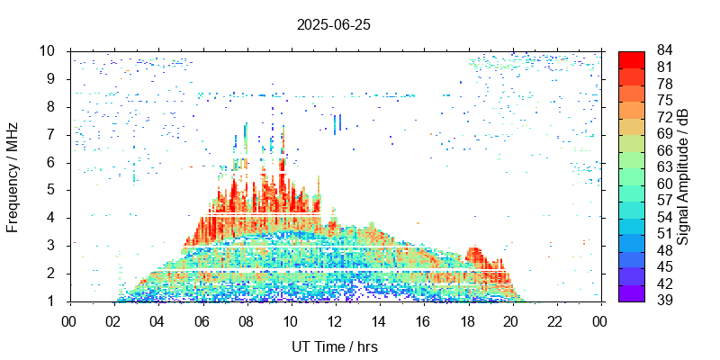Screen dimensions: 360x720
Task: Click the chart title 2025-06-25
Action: tap(334, 24)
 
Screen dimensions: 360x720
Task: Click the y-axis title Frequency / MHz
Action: tap(13, 175)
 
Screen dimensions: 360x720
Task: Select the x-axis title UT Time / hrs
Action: tap(334, 346)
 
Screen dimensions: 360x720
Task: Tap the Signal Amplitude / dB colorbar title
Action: tap(683, 175)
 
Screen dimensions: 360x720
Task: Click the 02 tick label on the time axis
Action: tap(113, 320)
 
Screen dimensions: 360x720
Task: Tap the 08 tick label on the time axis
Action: tap(246, 320)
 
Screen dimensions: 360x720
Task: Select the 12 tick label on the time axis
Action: tap(334, 320)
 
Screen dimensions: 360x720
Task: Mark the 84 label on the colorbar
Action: tap(665, 51)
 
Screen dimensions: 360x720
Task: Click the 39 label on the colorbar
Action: tap(665, 301)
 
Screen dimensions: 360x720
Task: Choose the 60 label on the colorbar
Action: tap(665, 184)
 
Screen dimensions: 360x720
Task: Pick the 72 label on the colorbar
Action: tap(665, 118)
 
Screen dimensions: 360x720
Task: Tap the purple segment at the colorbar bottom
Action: tap(631, 292)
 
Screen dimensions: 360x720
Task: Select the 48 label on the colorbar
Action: tap(665, 251)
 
